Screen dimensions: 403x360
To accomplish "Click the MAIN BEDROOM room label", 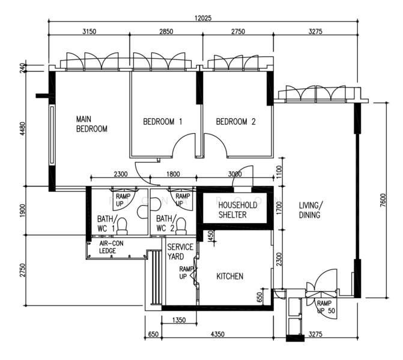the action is (91, 124).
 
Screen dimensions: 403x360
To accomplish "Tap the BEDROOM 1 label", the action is (162, 121).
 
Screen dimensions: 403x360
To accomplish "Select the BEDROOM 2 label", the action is (235, 121).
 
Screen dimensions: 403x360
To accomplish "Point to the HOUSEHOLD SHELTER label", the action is (237, 210).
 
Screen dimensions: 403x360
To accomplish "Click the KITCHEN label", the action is (230, 276).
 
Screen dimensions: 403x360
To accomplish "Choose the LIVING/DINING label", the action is (311, 210).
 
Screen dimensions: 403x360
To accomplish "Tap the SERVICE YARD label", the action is (180, 252).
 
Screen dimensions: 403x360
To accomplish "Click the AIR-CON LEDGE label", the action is (111, 247).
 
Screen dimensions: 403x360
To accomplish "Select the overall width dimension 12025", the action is (203, 18).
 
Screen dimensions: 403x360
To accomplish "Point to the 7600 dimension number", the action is (383, 200).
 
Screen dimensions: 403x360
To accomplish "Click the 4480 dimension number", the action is (23, 128).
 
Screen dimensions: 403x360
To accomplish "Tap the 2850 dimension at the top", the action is (166, 32).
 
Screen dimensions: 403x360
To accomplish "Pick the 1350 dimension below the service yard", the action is (179, 320).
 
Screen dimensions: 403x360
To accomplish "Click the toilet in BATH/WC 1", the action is (122, 226).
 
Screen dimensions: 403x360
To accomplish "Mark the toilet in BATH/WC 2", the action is (181, 226).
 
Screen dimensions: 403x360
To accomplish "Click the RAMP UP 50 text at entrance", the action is (326, 307).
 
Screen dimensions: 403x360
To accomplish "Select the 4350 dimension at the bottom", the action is (217, 334).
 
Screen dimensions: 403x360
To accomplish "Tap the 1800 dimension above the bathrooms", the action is (173, 174).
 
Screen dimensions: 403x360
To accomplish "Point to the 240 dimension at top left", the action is (23, 68).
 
